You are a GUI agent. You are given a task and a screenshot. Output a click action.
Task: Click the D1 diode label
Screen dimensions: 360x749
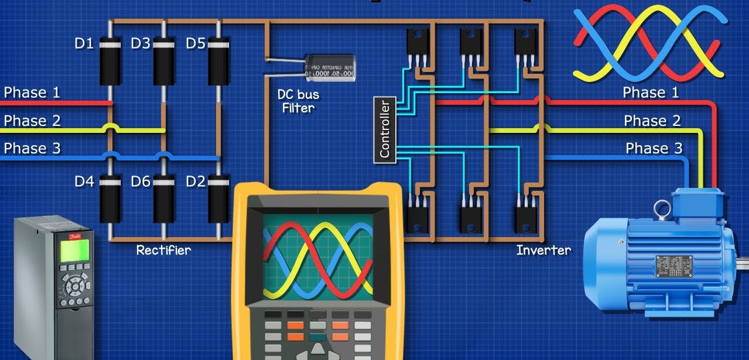tap(84, 43)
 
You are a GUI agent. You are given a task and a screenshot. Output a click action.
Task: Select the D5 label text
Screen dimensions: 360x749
tap(196, 43)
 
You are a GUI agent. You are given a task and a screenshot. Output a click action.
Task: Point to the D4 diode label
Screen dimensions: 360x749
tap(84, 181)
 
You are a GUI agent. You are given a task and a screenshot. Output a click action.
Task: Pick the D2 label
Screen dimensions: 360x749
tap(196, 181)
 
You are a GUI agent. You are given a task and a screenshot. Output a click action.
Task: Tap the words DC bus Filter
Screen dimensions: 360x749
tap(299, 100)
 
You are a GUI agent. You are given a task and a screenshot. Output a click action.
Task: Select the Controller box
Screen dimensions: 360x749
tap(384, 129)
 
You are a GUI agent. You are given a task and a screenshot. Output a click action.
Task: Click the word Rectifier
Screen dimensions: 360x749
tap(163, 250)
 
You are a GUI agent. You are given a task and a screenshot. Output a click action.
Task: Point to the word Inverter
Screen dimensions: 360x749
tap(543, 250)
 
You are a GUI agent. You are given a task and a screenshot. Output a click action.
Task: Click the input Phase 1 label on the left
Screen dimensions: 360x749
tap(32, 92)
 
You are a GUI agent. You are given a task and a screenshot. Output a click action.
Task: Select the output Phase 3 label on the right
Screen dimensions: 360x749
tap(654, 148)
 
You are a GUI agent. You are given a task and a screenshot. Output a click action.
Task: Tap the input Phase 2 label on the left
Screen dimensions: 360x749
tap(32, 121)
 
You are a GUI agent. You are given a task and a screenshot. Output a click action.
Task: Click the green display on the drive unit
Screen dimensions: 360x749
tap(75, 250)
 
